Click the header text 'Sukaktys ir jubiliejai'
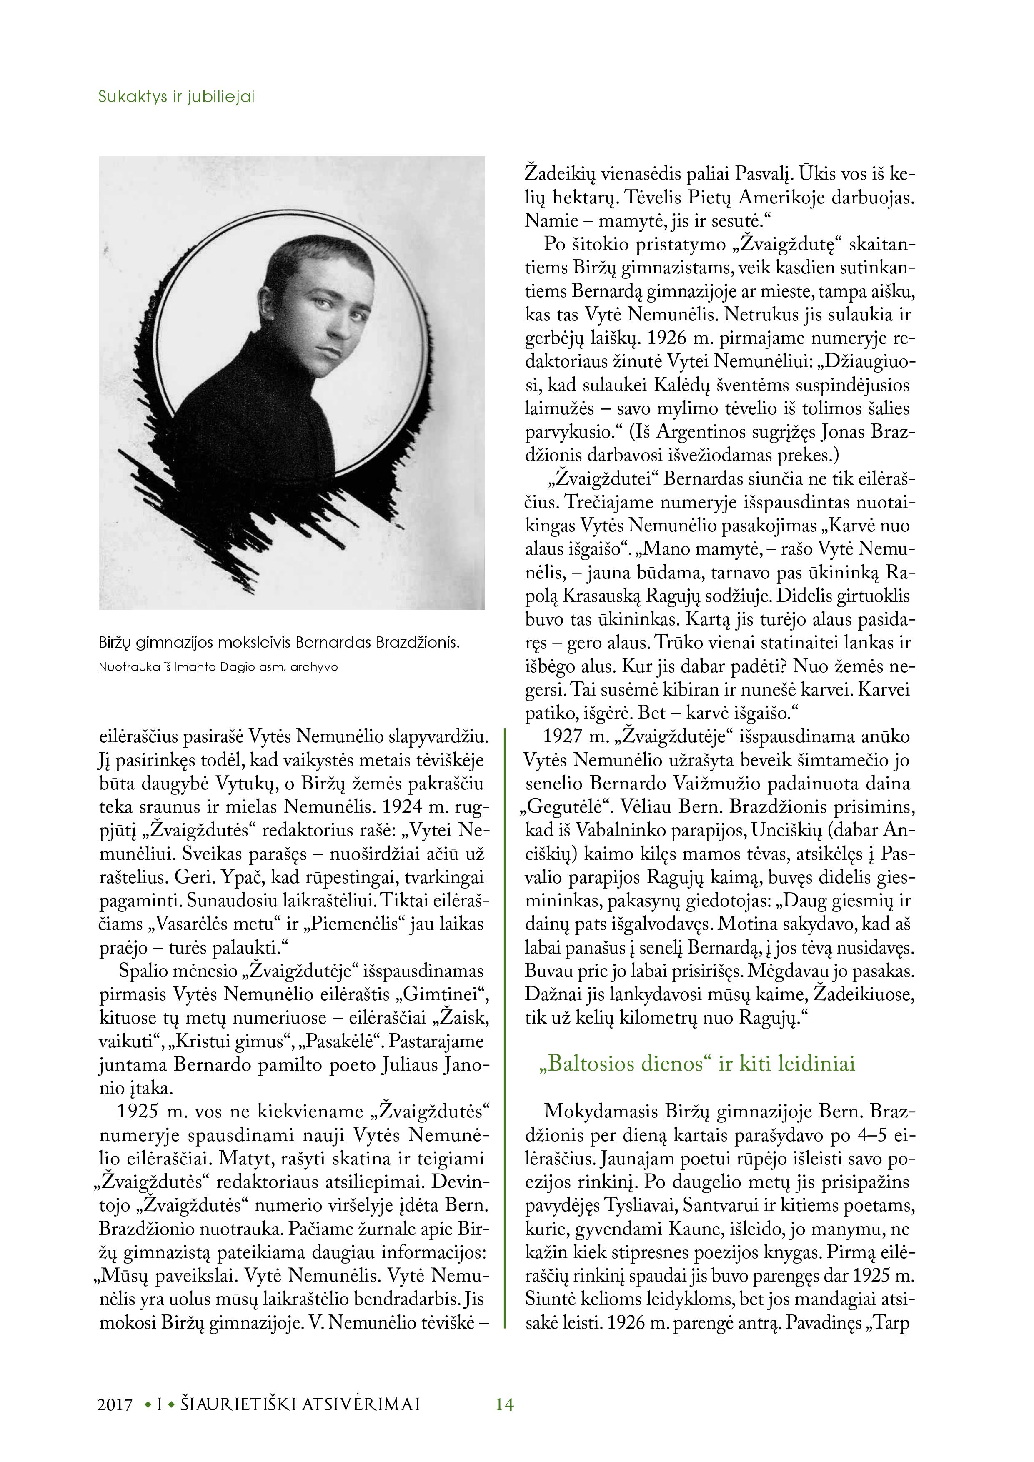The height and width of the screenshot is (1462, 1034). [176, 98]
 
